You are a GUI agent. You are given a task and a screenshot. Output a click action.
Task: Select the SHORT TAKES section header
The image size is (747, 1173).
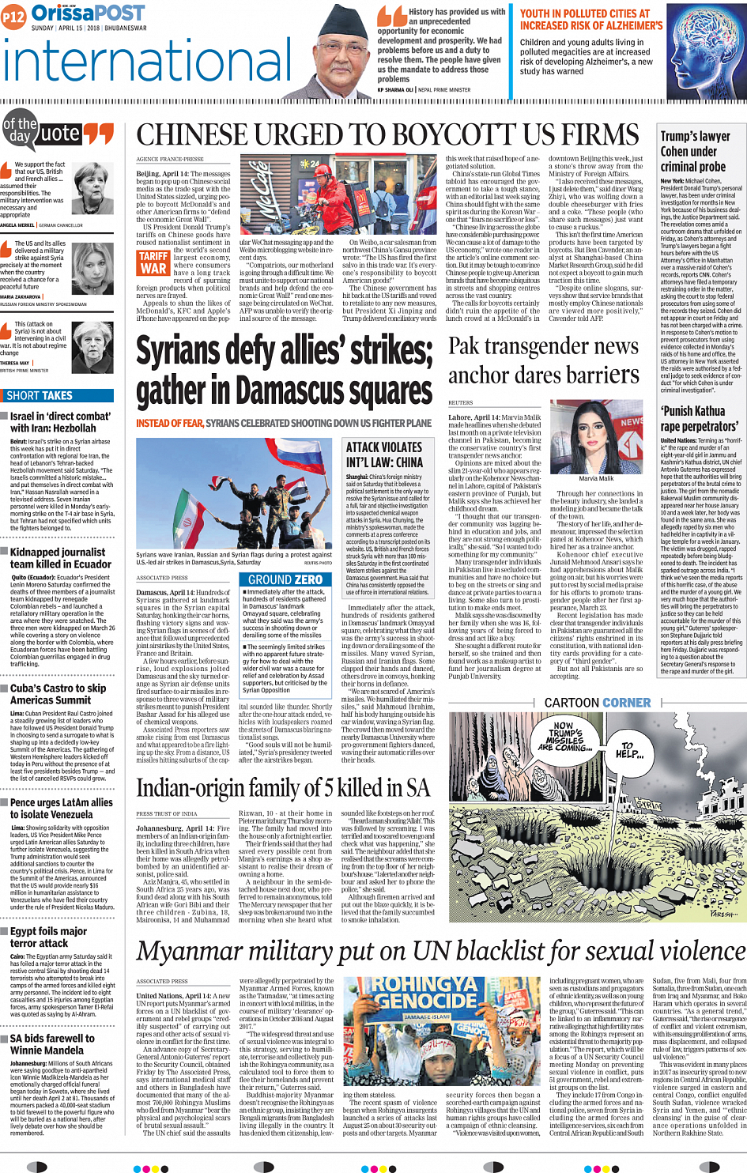(40, 396)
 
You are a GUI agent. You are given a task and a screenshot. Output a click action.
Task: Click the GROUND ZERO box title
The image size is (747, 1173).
(285, 579)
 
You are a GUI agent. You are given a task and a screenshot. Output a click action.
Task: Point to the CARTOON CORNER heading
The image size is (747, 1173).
(598, 703)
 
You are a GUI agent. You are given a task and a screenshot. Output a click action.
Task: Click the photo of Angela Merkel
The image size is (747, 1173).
(92, 186)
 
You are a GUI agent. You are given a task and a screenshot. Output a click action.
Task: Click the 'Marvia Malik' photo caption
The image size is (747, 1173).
(596, 478)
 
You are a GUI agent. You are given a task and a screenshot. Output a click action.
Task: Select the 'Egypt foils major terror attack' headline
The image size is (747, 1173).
(49, 937)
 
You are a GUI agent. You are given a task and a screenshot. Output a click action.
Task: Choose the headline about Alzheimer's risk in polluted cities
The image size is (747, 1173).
(590, 20)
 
